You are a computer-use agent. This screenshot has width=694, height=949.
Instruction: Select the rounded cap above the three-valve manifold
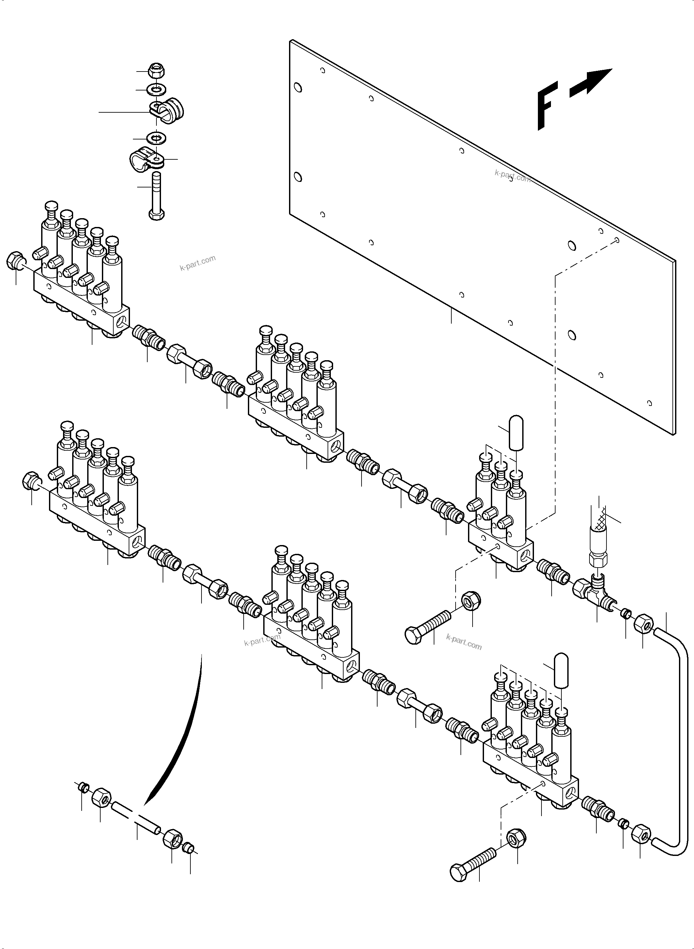(515, 433)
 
